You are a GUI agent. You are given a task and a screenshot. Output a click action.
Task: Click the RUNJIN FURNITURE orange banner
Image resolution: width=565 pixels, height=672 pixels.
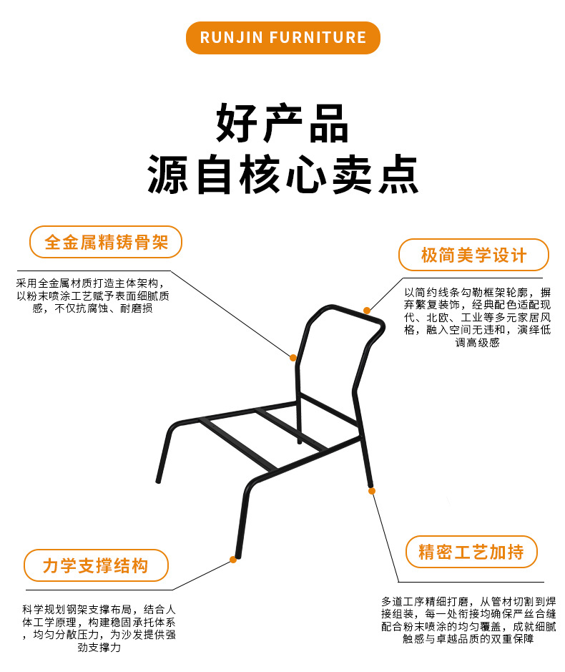point(282,38)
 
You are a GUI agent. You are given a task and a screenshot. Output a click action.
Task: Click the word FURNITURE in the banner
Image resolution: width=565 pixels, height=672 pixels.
point(318,38)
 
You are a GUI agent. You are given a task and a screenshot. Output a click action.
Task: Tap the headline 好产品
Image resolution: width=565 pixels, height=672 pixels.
point(282,123)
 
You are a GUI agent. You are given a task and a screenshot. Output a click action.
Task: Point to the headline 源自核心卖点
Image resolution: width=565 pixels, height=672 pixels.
point(282,175)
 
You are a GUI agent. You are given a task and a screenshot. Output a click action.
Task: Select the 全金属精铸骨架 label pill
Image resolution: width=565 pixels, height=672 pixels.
point(106,242)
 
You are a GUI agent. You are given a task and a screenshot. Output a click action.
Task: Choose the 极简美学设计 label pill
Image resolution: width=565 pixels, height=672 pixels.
point(473,255)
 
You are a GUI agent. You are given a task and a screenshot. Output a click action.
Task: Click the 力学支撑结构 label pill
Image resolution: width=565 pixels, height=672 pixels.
point(96,565)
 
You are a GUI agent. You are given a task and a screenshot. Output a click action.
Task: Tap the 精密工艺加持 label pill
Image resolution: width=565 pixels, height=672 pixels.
point(471,552)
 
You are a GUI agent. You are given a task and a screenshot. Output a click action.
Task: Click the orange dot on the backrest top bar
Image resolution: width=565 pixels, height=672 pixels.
point(367,311)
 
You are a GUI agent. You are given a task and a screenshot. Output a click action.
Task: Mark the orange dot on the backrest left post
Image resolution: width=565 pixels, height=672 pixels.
point(293,358)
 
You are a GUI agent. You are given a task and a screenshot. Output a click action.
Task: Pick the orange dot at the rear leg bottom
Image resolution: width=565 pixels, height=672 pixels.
point(371,491)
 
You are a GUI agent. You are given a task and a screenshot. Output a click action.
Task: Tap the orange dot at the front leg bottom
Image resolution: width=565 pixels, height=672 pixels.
point(233,560)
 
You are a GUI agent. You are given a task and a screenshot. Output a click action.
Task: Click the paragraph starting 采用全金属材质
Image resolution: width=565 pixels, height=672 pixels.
point(92,296)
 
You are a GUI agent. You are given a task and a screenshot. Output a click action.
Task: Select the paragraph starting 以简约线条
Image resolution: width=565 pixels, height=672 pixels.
point(477,317)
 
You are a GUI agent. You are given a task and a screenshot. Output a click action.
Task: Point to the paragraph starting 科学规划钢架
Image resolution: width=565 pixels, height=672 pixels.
point(99,628)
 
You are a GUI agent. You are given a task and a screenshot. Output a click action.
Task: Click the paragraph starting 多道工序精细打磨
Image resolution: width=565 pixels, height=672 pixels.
point(468,620)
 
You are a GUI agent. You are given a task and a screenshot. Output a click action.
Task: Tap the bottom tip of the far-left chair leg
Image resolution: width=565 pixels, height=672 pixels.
point(158,481)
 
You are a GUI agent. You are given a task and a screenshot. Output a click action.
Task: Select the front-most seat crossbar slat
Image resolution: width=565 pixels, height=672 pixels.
point(237,443)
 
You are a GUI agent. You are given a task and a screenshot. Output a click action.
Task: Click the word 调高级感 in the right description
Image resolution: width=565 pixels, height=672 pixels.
point(477,342)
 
